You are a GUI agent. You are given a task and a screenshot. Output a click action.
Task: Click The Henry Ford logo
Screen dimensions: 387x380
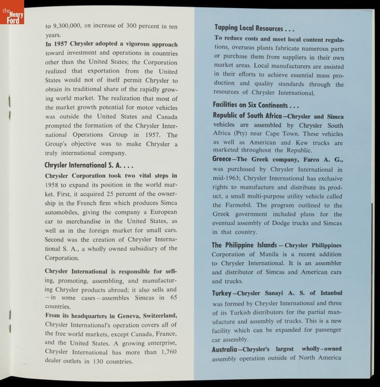12,12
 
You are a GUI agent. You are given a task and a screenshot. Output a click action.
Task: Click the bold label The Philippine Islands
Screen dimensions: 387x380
244,245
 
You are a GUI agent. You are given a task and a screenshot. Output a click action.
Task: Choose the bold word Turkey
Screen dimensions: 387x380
222,293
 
